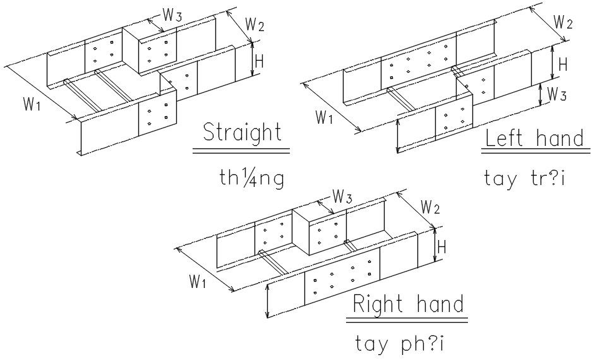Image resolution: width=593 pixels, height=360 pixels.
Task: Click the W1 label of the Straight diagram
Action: coord(32,105)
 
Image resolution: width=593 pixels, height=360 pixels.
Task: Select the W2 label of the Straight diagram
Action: coord(255,25)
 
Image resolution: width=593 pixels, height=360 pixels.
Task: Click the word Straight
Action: coord(242,133)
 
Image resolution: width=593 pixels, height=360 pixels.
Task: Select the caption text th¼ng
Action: coord(248,179)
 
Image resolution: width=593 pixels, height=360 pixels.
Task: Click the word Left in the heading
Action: coord(505,138)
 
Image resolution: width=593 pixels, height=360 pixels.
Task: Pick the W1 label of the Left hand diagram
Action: coord(324,117)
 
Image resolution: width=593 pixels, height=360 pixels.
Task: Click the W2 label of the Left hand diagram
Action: coord(563,22)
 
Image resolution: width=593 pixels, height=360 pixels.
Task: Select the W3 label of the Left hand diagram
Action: coord(556,95)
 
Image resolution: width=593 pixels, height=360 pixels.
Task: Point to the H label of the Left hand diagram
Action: coord(564,64)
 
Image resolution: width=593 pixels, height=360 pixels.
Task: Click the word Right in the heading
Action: coord(378,305)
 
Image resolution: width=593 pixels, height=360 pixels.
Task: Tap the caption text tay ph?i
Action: coord(400,345)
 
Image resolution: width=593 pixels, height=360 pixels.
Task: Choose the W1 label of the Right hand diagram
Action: coord(197,282)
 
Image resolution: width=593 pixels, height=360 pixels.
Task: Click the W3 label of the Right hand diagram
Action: coord(342,197)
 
